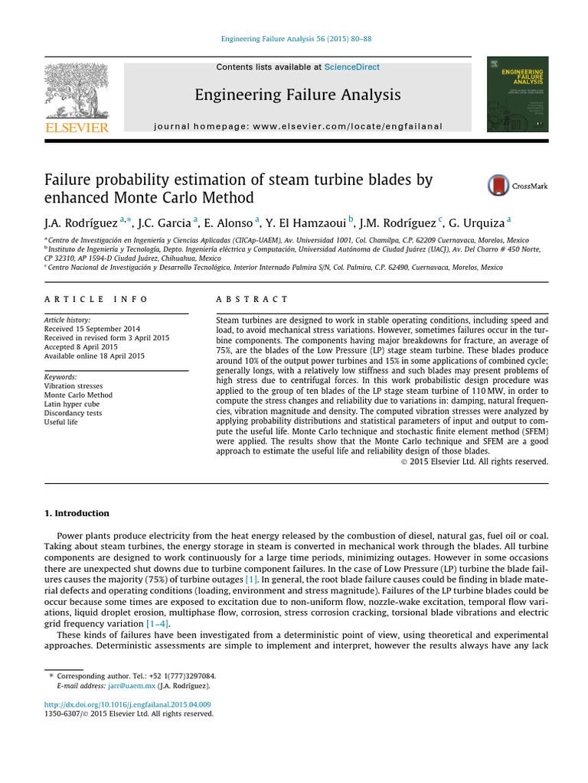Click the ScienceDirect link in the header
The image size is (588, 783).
click(351, 67)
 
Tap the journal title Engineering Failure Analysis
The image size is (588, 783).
click(297, 95)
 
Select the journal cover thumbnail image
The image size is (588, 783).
click(517, 94)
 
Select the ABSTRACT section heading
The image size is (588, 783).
click(253, 300)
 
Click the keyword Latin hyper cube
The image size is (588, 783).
click(74, 404)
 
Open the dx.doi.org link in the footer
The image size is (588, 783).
click(128, 704)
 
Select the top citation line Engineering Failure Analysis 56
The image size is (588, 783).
click(296, 39)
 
